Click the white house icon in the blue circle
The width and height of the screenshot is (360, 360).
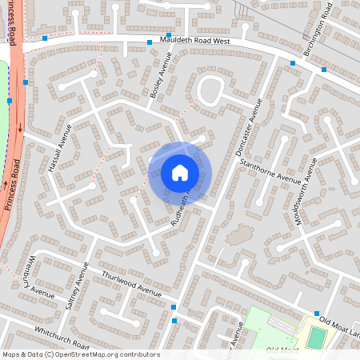click(x=180, y=172)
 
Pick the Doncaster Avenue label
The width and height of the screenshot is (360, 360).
click(x=250, y=127)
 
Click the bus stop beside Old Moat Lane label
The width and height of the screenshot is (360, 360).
click(x=317, y=314)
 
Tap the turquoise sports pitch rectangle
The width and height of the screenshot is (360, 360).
click(x=318, y=338)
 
